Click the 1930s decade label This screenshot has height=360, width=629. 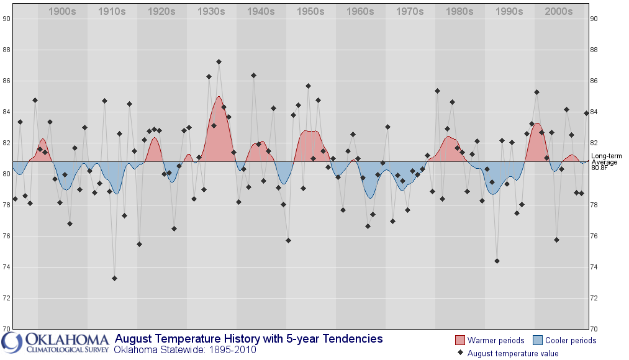point(210,12)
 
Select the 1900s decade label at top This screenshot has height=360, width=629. point(62,12)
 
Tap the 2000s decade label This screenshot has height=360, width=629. point(558,12)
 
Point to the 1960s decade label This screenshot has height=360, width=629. point(360,12)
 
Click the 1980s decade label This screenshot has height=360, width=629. point(459,12)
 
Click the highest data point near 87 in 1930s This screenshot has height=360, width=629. point(219,62)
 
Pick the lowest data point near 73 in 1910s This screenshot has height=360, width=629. point(114,278)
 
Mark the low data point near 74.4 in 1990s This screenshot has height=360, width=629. point(497,261)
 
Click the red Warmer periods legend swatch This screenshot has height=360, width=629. point(459,340)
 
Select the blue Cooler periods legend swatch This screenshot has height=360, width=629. point(538,340)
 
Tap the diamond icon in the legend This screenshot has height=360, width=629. point(460,353)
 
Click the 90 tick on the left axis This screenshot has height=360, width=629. point(6,19)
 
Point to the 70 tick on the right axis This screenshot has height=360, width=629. point(594,329)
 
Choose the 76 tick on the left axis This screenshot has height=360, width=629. point(6,236)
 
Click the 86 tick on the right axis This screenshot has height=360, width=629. point(594,81)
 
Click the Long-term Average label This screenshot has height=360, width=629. point(604,159)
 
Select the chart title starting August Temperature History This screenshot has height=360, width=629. point(249,339)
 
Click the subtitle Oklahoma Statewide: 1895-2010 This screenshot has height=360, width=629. point(186,350)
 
